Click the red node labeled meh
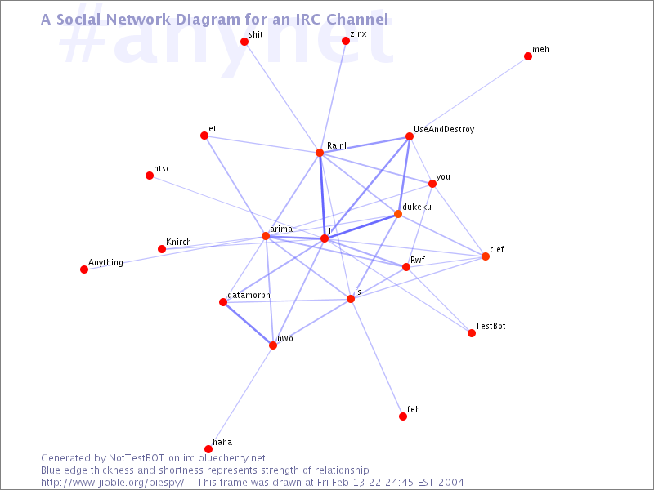click(528, 56)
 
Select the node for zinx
click(346, 41)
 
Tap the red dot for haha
click(208, 448)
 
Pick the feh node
click(403, 416)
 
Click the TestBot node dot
click(472, 333)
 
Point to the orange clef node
click(486, 256)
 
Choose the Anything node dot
click(84, 269)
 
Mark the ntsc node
click(150, 176)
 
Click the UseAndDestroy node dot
click(409, 136)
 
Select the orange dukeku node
click(398, 214)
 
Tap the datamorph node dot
click(223, 302)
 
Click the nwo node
click(273, 345)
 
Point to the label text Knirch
click(178, 243)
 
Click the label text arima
click(280, 229)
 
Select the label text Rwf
click(418, 260)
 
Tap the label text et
click(213, 128)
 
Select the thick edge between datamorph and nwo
click(248, 323)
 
